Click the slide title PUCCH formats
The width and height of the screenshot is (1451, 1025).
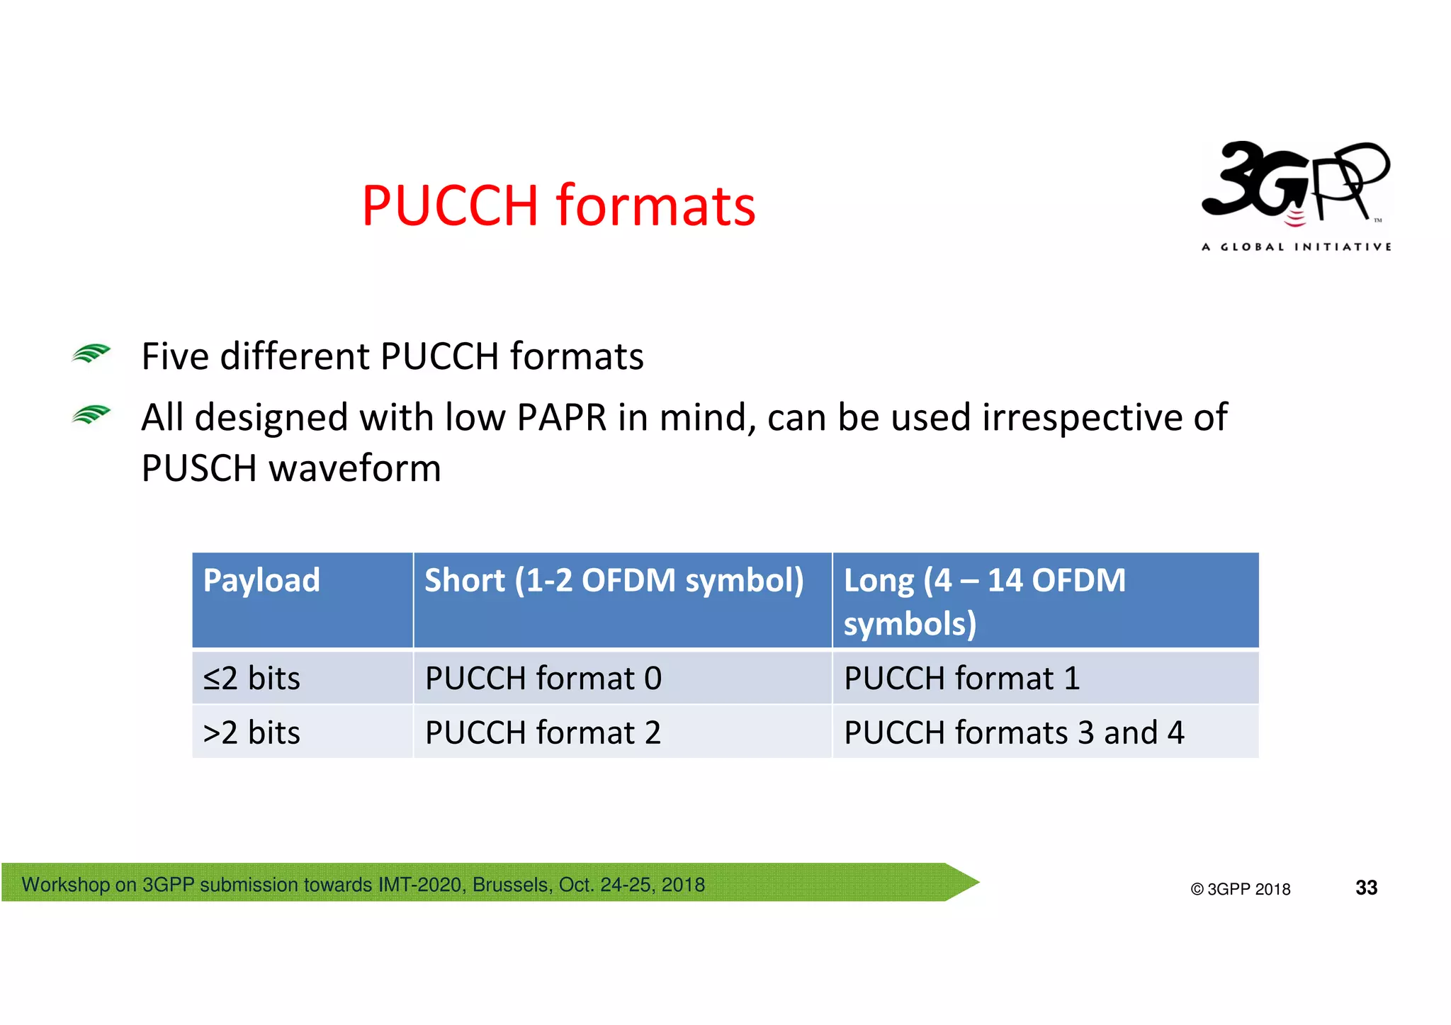click(x=558, y=205)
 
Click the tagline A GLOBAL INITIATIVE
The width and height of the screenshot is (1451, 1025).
click(x=1297, y=247)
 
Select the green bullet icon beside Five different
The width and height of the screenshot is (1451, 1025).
click(x=91, y=353)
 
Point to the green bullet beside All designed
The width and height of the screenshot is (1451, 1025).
click(x=91, y=414)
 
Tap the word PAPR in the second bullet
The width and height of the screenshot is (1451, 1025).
click(x=561, y=417)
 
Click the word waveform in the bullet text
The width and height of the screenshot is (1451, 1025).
click(x=355, y=468)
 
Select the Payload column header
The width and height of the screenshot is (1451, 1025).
click(x=261, y=580)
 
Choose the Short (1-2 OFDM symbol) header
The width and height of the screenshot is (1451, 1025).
click(x=614, y=580)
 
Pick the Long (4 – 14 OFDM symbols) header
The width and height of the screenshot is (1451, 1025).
click(x=983, y=601)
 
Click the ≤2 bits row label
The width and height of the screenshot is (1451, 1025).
click(x=252, y=678)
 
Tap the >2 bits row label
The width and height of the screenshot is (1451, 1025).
click(x=252, y=732)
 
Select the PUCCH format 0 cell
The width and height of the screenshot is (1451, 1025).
click(x=543, y=678)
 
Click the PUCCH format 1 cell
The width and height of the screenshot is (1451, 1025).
click(x=961, y=678)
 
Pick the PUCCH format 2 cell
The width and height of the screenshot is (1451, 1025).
click(x=543, y=732)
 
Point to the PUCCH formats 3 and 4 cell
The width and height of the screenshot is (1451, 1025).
click(x=1013, y=732)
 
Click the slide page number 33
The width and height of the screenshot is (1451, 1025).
click(x=1366, y=888)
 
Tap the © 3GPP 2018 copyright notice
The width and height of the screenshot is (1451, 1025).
click(x=1241, y=889)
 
